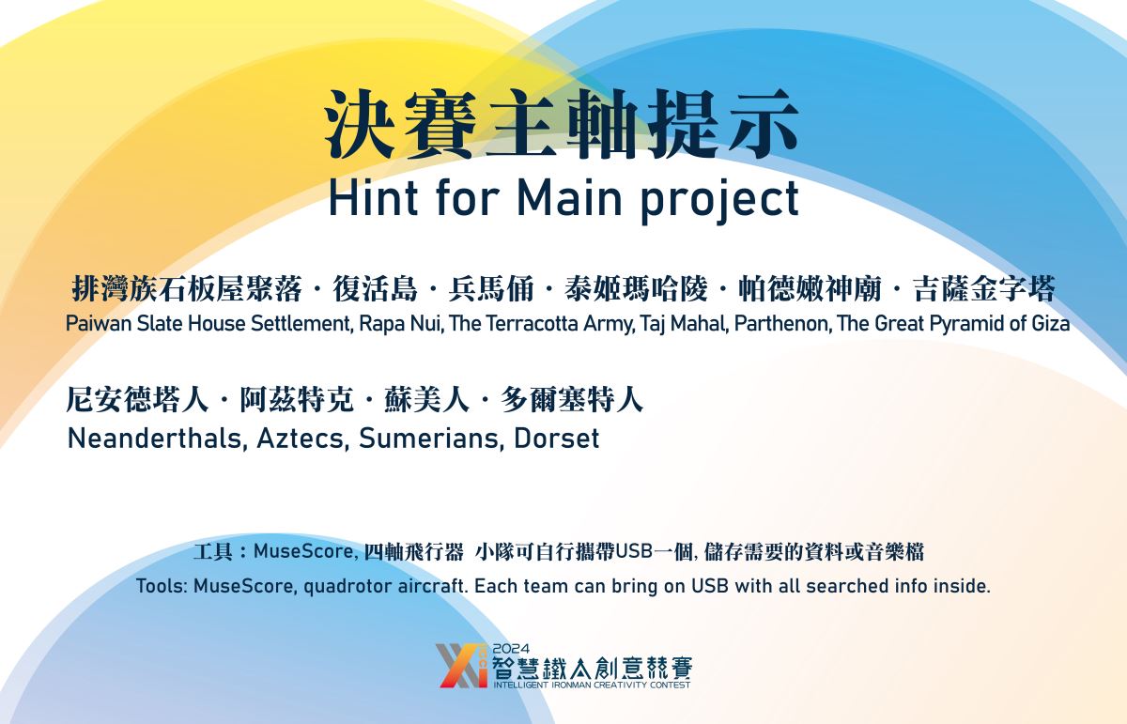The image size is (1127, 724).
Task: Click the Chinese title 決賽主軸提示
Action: click(562, 125)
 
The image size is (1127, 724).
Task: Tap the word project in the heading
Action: click(720, 201)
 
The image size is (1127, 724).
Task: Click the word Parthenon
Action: click(781, 324)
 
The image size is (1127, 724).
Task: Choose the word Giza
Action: click(1051, 324)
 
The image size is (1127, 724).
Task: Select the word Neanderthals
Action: click(157, 439)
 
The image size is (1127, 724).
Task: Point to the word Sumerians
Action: click(432, 439)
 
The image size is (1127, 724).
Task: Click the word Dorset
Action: click(556, 439)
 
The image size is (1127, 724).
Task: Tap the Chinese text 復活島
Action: click(376, 289)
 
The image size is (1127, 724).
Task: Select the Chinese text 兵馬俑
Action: click(491, 289)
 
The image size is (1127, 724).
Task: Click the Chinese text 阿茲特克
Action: click(297, 400)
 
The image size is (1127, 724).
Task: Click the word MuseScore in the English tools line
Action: click(244, 586)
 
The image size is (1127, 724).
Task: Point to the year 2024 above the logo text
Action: click(511, 649)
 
